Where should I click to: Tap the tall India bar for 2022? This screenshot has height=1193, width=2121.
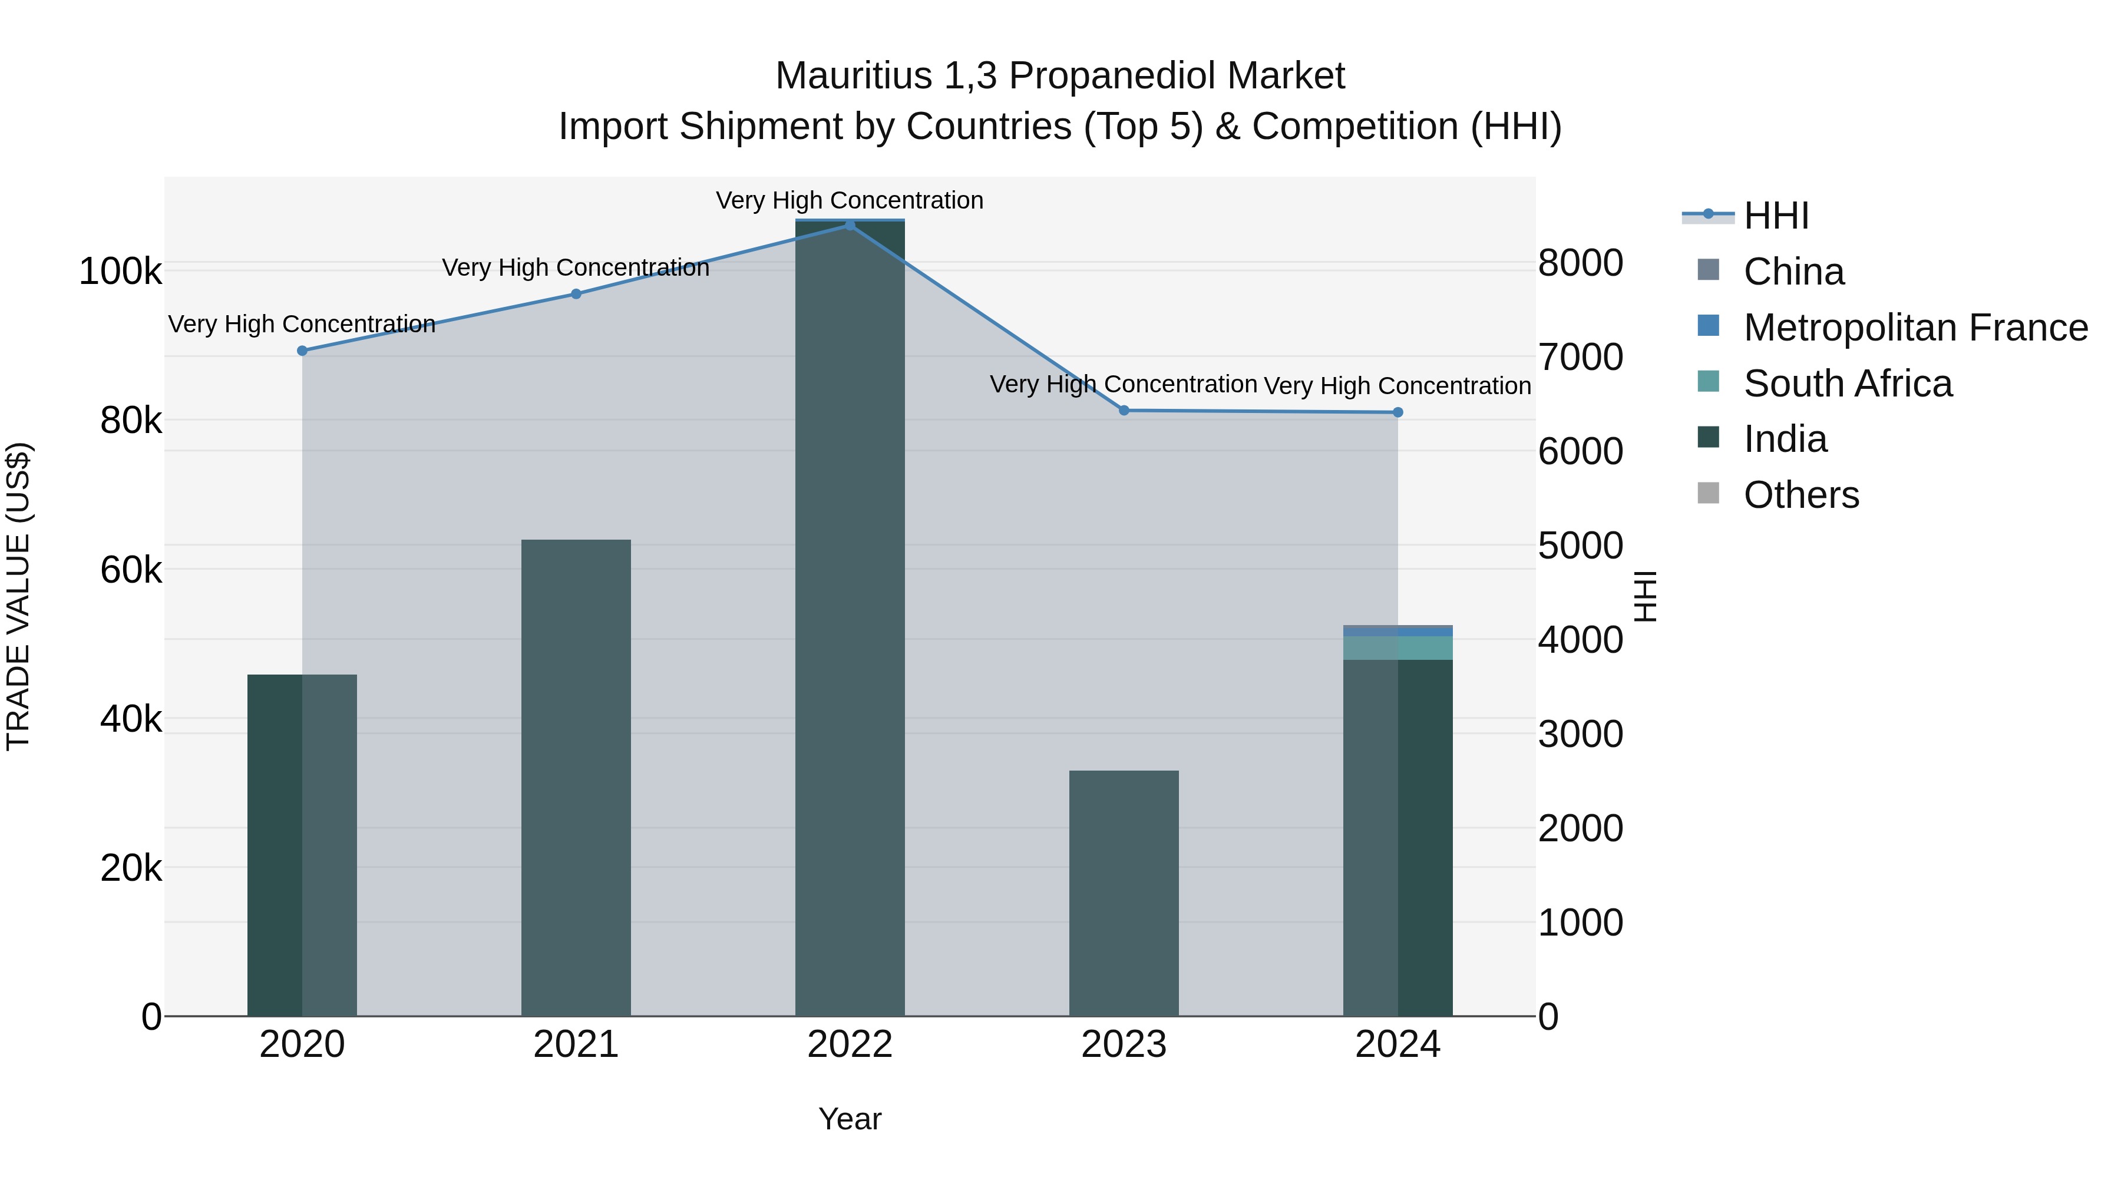tap(849, 617)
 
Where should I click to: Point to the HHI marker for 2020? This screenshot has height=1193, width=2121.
tap(302, 351)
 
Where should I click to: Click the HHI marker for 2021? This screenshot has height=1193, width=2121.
tap(576, 294)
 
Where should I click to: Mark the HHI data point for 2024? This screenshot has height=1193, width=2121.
tap(1398, 412)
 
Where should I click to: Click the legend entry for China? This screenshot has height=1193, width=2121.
tap(1793, 272)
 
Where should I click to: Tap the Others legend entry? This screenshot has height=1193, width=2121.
tap(1800, 495)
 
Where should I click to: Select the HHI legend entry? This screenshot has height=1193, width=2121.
tap(1776, 216)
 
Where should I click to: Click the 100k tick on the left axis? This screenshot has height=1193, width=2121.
tap(120, 272)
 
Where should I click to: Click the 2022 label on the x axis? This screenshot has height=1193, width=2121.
tap(849, 1045)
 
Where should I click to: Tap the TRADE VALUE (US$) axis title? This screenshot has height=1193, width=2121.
tap(18, 596)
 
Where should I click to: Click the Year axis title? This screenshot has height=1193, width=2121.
tap(849, 1119)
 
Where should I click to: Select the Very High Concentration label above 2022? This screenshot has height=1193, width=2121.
tap(849, 200)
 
